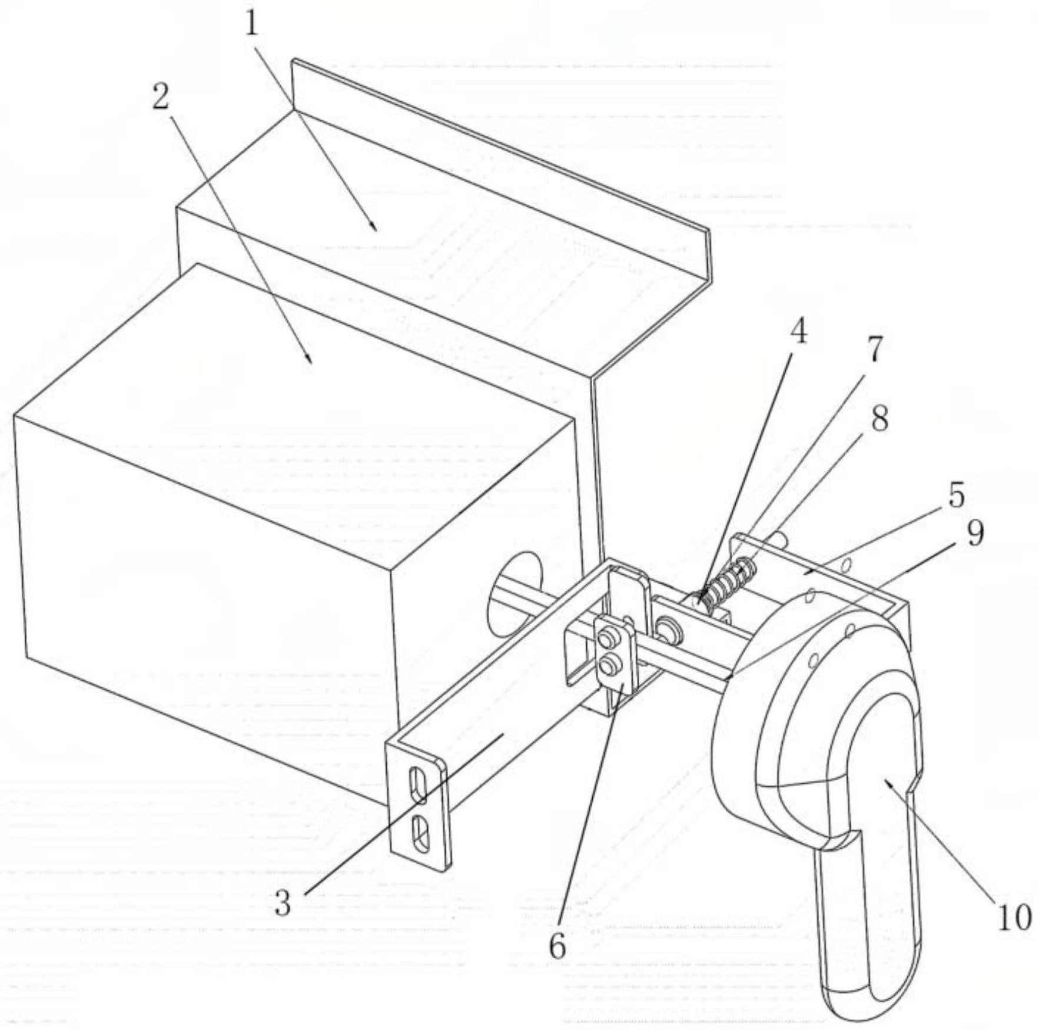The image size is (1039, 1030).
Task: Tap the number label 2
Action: [161, 96]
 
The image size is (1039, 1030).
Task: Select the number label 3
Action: [283, 903]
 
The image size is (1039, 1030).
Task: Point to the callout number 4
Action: [798, 332]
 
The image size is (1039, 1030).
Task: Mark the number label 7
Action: [875, 349]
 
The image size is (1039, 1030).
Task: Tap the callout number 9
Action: [975, 533]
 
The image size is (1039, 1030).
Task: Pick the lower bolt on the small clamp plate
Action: [609, 667]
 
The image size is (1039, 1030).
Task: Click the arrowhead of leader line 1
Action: [375, 229]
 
